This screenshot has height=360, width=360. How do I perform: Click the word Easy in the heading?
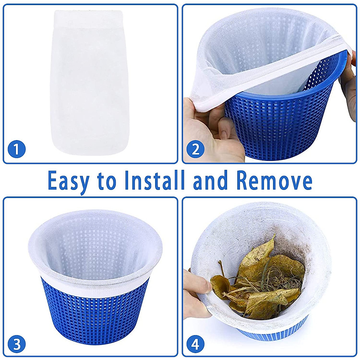pos(69,181)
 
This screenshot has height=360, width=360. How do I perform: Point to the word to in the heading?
pos(106,181)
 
